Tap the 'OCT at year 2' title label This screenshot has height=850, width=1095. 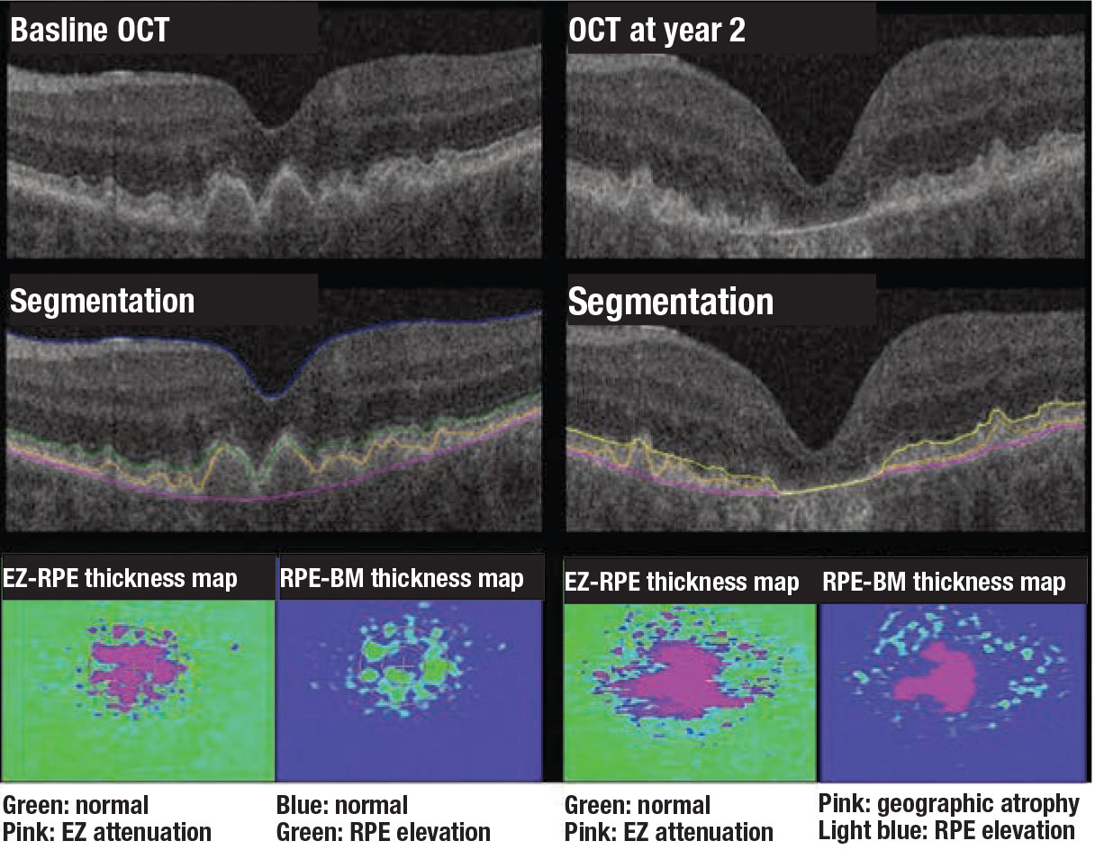tap(657, 32)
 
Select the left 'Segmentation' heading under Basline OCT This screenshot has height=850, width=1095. tap(102, 301)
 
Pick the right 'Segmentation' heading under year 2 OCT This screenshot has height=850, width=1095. tap(670, 302)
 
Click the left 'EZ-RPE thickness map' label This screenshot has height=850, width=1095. tap(120, 577)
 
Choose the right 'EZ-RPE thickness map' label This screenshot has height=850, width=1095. tap(682, 582)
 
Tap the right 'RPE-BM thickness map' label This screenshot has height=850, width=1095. tap(943, 582)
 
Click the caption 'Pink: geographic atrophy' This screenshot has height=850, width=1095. tap(948, 803)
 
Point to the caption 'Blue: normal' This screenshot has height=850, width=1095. tap(341, 804)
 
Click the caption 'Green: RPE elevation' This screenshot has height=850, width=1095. tap(383, 831)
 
